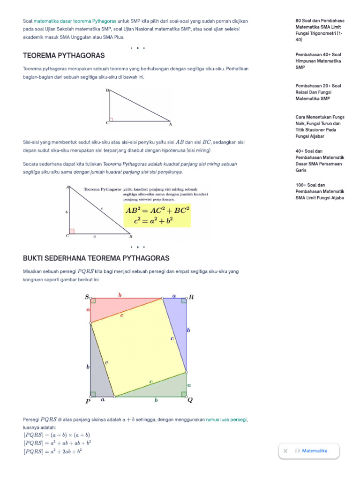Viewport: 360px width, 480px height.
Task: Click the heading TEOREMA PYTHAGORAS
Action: pyautogui.click(x=64, y=56)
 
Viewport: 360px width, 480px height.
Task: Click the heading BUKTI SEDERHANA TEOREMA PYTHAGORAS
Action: pyautogui.click(x=96, y=258)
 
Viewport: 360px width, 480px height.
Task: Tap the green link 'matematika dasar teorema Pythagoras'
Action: pyautogui.click(x=75, y=21)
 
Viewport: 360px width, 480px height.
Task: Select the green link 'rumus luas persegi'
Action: pyautogui.click(x=226, y=420)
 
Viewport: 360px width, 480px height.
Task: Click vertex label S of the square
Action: pyautogui.click(x=87, y=297)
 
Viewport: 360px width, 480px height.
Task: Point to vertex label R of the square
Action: pyautogui.click(x=191, y=297)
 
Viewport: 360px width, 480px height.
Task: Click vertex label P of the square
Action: pyautogui.click(x=88, y=401)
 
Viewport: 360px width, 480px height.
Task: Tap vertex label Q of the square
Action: pyautogui.click(x=190, y=400)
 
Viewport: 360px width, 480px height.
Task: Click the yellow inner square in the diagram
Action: pyautogui.click(x=138, y=347)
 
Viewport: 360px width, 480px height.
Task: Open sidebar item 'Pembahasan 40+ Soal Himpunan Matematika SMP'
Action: pyautogui.click(x=319, y=61)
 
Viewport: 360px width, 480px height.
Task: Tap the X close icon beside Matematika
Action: pyautogui.click(x=285, y=451)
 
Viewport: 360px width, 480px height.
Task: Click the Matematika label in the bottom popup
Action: pyautogui.click(x=315, y=451)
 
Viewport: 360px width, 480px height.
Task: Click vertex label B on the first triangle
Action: pyautogui.click(x=107, y=90)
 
